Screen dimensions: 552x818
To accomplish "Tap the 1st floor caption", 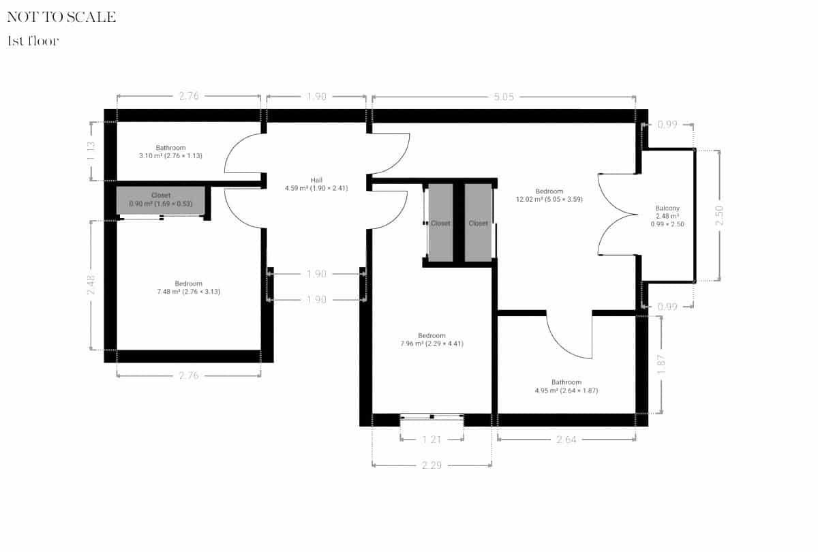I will (x=33, y=41).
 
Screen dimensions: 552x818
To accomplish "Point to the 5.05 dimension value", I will (x=503, y=97).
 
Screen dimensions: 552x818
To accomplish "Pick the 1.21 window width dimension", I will (x=432, y=440).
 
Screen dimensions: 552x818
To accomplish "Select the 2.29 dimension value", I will (x=432, y=465).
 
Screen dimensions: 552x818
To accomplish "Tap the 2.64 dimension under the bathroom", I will (x=566, y=440).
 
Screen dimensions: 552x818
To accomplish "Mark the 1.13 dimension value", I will (x=91, y=151).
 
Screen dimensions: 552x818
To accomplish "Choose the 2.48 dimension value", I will (x=91, y=285).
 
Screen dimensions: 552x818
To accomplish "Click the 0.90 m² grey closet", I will (x=161, y=200).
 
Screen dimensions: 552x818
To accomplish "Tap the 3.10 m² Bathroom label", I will (x=170, y=152).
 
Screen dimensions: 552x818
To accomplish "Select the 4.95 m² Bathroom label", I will (x=566, y=386).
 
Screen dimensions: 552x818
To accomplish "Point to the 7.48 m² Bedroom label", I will (x=188, y=288).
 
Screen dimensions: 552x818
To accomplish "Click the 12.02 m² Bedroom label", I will (x=549, y=196).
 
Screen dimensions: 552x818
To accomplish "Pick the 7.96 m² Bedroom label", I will (x=431, y=339).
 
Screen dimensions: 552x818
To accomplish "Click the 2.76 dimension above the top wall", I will (x=188, y=97).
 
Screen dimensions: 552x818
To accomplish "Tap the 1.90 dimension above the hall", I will (x=316, y=97).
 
